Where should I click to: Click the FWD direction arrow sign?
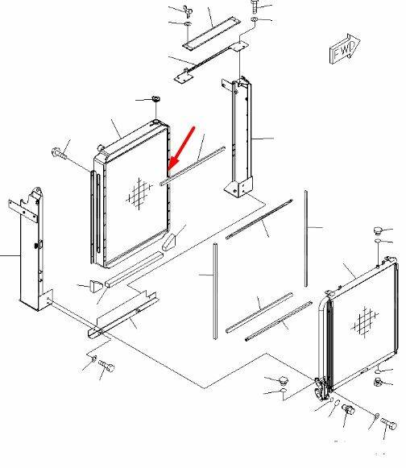click(x=345, y=48)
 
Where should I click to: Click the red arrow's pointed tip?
click(x=169, y=169)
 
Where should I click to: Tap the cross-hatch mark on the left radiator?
click(x=139, y=193)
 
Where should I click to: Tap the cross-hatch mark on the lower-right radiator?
click(x=364, y=321)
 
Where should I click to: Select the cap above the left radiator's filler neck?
click(x=155, y=99)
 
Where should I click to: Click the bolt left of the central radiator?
click(x=59, y=153)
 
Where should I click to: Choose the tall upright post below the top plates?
click(x=239, y=137)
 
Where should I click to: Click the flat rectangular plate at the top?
click(x=212, y=32)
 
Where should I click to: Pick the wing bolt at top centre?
click(x=188, y=10)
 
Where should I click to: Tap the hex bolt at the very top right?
click(x=255, y=6)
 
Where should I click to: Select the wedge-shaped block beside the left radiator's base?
click(x=168, y=242)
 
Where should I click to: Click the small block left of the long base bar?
click(x=96, y=286)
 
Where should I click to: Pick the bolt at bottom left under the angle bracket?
click(x=106, y=366)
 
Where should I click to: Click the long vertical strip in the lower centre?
click(x=215, y=292)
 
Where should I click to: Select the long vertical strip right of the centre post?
click(x=306, y=238)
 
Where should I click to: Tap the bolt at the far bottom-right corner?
click(x=388, y=424)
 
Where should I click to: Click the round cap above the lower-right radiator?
click(x=379, y=230)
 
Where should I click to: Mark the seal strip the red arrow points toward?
click(x=193, y=166)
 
